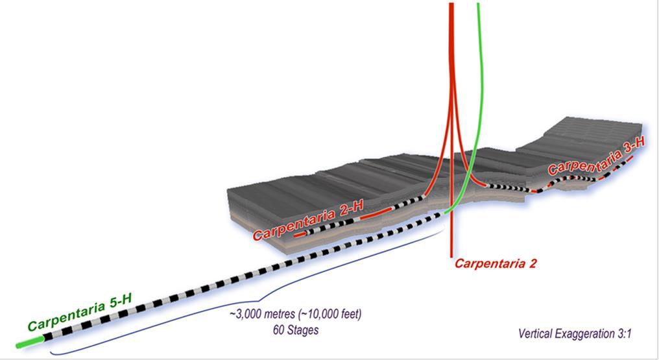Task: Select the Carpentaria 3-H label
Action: point(596,159)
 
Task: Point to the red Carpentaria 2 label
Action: point(496,263)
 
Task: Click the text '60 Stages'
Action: point(295,330)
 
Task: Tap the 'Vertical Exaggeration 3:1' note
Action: point(575,334)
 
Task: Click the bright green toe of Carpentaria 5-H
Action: point(31,341)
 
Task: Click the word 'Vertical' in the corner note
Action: point(536,334)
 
